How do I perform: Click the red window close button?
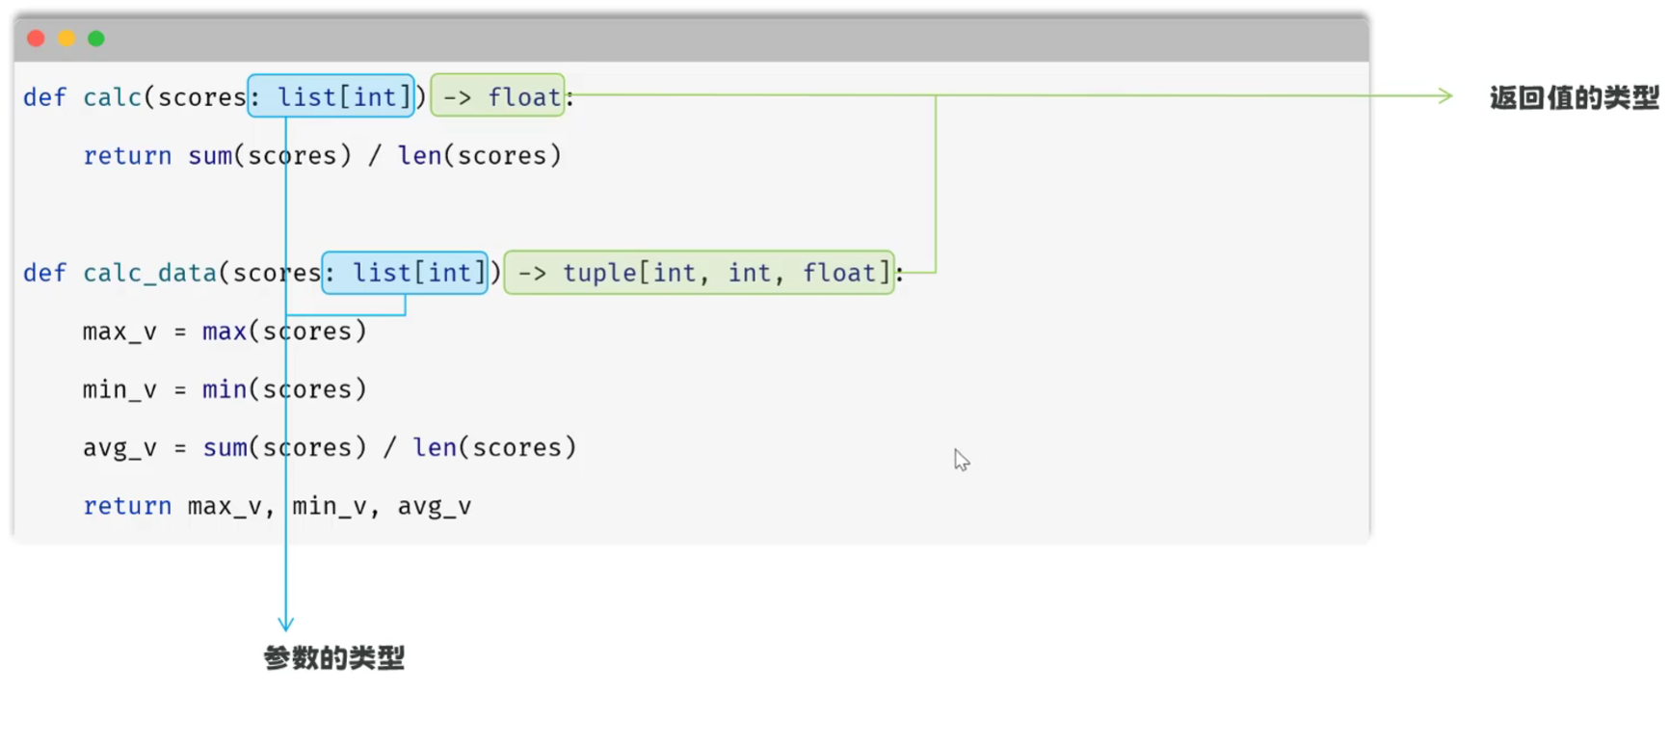tap(37, 39)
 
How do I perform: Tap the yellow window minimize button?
tap(66, 39)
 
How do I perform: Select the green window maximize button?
tap(96, 39)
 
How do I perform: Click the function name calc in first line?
tap(113, 97)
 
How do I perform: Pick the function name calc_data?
tap(149, 273)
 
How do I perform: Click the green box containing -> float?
tap(497, 95)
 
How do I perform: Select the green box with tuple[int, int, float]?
tap(700, 272)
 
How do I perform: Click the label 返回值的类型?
tap(1575, 97)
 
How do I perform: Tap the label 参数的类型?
tap(334, 658)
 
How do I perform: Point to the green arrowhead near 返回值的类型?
tap(1445, 95)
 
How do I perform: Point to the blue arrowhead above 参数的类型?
tap(285, 624)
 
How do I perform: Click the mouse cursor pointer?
tap(962, 460)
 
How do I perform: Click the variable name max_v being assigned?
tap(119, 332)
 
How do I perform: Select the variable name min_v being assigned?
tap(119, 389)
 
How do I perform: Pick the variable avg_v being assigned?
tap(119, 448)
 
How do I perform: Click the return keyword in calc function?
tap(127, 155)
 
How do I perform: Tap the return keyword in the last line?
tap(127, 506)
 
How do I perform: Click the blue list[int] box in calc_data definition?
tap(405, 272)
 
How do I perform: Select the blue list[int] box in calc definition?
tap(331, 95)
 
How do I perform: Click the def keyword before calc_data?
tap(44, 273)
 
